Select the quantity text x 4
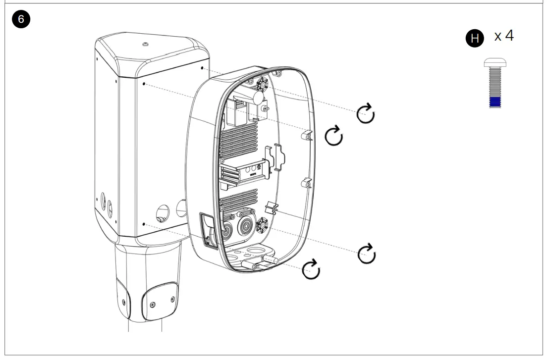click(503, 36)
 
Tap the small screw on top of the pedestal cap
click(145, 45)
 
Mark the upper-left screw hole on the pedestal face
click(144, 85)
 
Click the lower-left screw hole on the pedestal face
click(144, 224)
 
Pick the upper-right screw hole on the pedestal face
click(203, 67)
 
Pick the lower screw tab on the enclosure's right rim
click(306, 183)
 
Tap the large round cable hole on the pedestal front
click(161, 213)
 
